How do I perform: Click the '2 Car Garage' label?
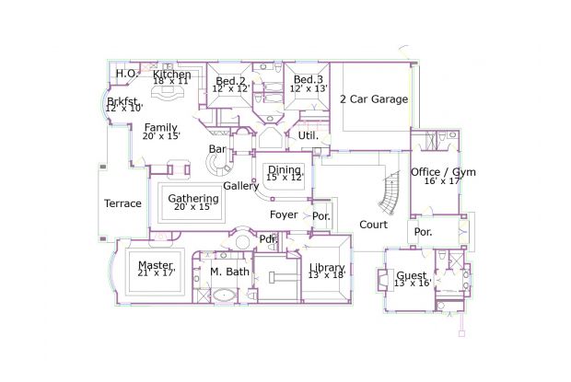coord(373,99)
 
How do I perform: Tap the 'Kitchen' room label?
coord(172,75)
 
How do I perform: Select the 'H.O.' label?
coord(126,74)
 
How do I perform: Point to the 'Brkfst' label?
coord(122,101)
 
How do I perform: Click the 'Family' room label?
coord(160,128)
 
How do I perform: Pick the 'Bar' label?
coord(217,149)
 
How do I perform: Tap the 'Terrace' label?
coord(122,203)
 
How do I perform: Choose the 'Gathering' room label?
coord(193,199)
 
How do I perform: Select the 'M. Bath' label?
coord(228,272)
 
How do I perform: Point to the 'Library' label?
coord(327,268)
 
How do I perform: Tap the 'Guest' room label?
coord(412,275)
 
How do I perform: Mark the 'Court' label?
coord(373,225)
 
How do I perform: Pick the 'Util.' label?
coord(308,135)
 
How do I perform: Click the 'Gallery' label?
coord(241,186)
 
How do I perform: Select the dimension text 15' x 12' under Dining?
coord(284,178)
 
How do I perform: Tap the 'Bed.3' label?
coord(308,80)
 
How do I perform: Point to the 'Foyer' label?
coord(284,214)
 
